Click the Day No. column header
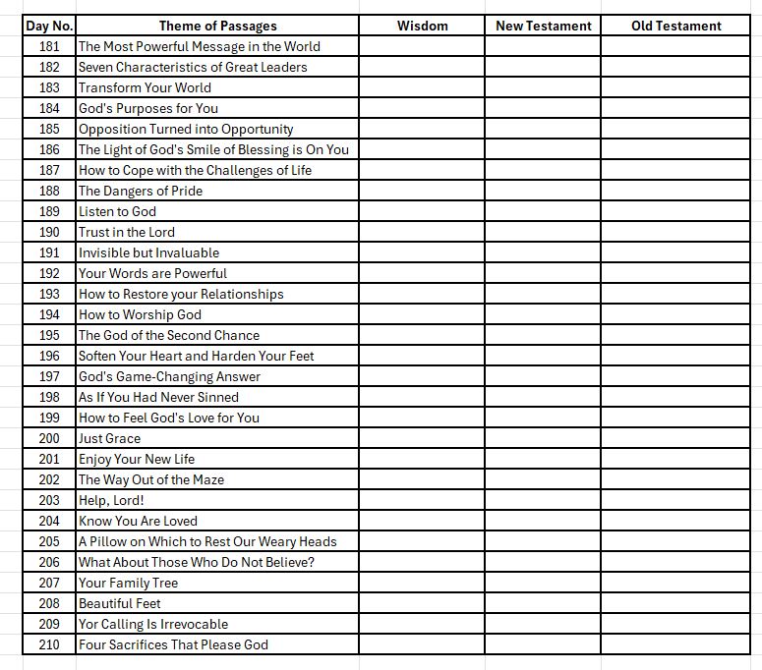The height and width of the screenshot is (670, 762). (49, 26)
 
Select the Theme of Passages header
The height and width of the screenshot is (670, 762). (217, 26)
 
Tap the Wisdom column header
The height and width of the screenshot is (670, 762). (422, 26)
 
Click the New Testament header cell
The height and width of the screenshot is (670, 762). (543, 26)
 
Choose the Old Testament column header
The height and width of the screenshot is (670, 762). (675, 26)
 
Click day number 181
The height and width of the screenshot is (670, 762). (49, 46)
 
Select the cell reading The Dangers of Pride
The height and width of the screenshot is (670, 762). (141, 191)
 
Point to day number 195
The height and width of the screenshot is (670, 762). (49, 335)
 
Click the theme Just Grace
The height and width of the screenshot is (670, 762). (109, 438)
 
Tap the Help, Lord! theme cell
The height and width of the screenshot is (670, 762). (111, 500)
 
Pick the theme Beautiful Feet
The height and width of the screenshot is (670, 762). (119, 603)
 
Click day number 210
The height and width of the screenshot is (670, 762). (49, 644)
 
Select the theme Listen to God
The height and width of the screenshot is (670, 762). (117, 211)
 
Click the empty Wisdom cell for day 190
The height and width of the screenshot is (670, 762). (422, 232)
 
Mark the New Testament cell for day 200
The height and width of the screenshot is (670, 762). (543, 438)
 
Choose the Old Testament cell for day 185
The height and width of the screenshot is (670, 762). (675, 129)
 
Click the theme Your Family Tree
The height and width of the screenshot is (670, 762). (128, 583)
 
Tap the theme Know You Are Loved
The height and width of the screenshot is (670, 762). (138, 521)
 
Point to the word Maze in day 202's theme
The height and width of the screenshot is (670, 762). (207, 479)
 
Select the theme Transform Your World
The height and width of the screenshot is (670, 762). (145, 87)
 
